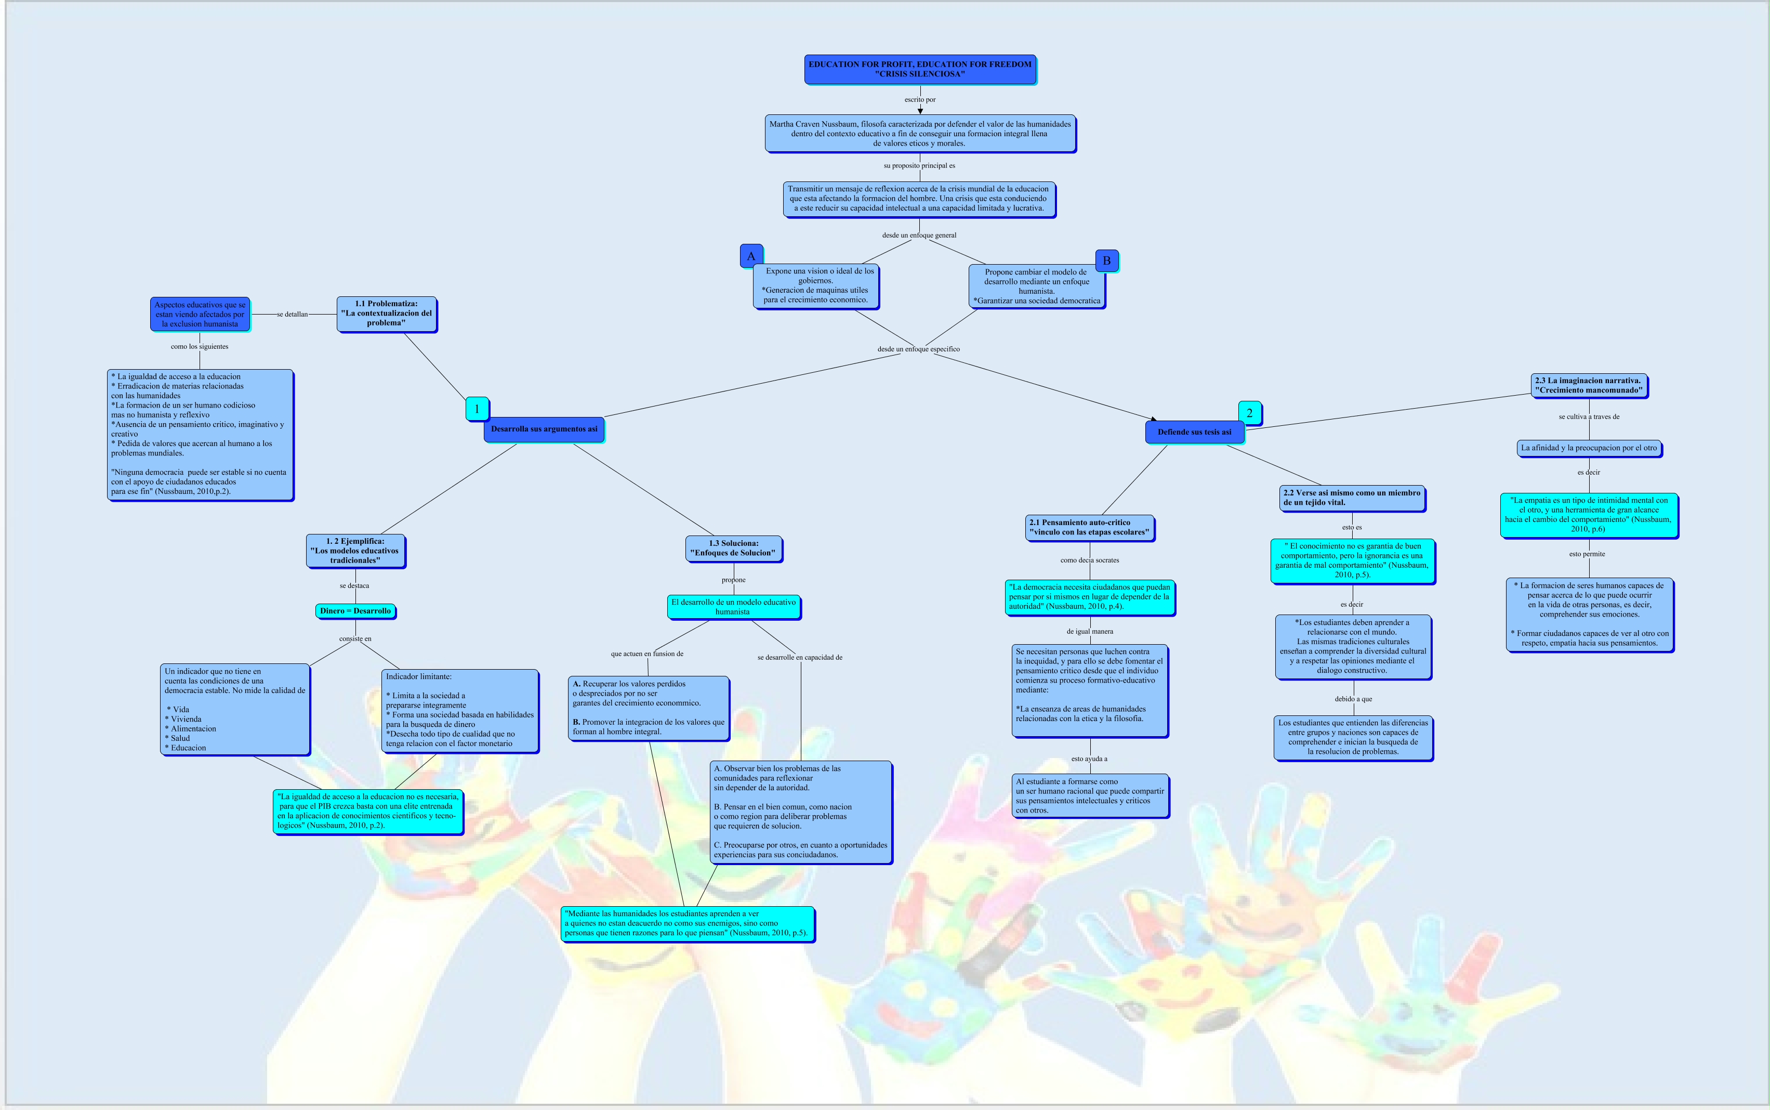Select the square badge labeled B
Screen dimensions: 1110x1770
[x=1106, y=260]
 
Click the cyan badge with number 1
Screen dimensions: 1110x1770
[x=477, y=409]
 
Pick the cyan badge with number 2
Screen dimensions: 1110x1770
[x=1250, y=413]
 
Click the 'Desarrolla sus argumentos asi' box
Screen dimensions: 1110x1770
[x=544, y=429]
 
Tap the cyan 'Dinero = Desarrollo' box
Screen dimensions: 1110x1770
[x=355, y=611]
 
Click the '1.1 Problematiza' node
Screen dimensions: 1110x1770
[x=386, y=314]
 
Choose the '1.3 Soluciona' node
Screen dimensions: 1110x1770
[x=733, y=549]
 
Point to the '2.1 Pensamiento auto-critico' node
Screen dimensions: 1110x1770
[x=1089, y=528]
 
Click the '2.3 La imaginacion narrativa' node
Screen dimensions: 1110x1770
[x=1589, y=385]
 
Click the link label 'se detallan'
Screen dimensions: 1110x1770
[x=292, y=314]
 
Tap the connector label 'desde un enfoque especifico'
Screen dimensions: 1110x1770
[x=918, y=349]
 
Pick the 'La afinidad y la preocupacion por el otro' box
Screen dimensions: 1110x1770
[x=1589, y=448]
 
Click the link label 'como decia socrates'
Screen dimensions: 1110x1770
[x=1090, y=560]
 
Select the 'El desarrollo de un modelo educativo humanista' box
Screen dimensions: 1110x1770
[x=733, y=606]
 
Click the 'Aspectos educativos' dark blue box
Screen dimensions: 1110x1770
[x=200, y=314]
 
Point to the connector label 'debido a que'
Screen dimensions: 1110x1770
[x=1353, y=699]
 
